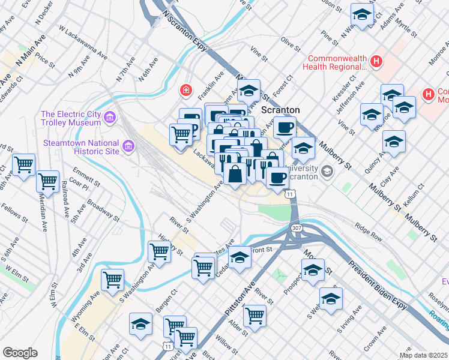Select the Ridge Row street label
click(369, 232)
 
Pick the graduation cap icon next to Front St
click(240, 257)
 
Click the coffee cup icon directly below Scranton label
click(285, 127)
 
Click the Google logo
click(20, 353)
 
